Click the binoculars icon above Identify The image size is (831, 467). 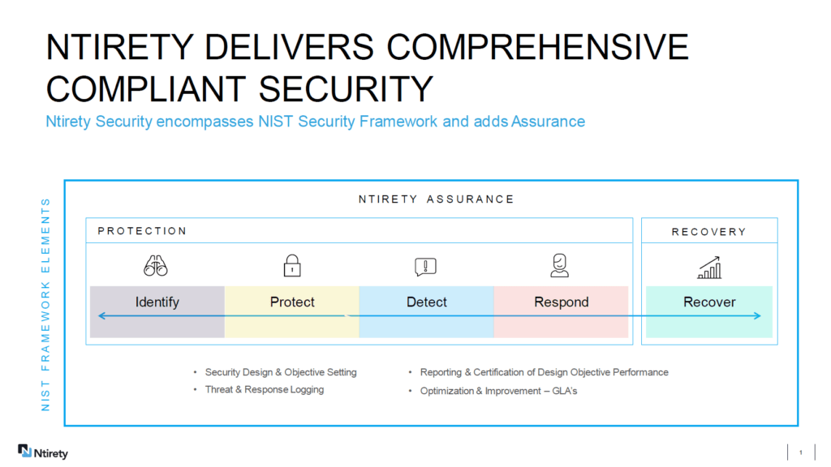pyautogui.click(x=156, y=265)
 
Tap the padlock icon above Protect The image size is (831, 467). pyautogui.click(x=292, y=265)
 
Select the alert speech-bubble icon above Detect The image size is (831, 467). pyautogui.click(x=426, y=266)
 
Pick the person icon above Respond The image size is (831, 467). pyautogui.click(x=560, y=265)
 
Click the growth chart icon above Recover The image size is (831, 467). pyautogui.click(x=709, y=267)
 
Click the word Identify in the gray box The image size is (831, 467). pyautogui.click(x=157, y=302)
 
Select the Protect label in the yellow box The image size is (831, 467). pyautogui.click(x=292, y=302)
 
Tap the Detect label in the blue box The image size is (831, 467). pyautogui.click(x=427, y=302)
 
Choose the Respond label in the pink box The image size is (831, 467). pyautogui.click(x=562, y=302)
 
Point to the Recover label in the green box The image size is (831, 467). pyautogui.click(x=709, y=302)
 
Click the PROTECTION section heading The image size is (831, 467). pyautogui.click(x=142, y=231)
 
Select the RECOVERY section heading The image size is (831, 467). pyautogui.click(x=708, y=232)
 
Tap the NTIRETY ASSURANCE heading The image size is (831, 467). pyautogui.click(x=437, y=199)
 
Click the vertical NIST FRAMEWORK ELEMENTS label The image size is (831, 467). pyautogui.click(x=45, y=303)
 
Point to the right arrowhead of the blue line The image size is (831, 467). pyautogui.click(x=757, y=315)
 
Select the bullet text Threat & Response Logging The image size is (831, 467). pyautogui.click(x=265, y=390)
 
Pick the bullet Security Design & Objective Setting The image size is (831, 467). pyautogui.click(x=281, y=372)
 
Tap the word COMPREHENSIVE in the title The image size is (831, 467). pyautogui.click(x=537, y=48)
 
